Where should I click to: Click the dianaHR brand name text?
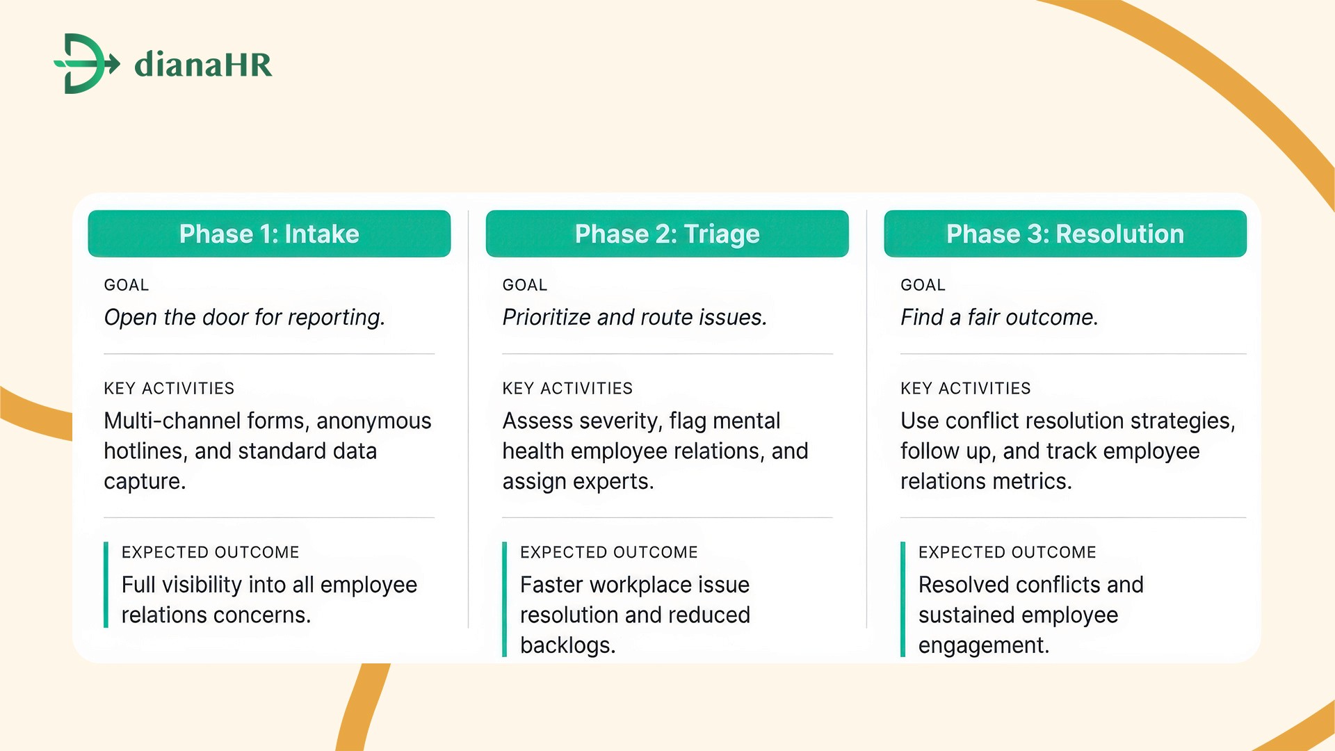pyautogui.click(x=203, y=65)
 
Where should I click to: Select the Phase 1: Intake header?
pyautogui.click(x=269, y=234)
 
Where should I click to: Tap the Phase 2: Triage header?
pyautogui.click(x=667, y=234)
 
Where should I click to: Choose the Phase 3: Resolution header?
pyautogui.click(x=1065, y=234)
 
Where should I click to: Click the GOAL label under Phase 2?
pyautogui.click(x=524, y=285)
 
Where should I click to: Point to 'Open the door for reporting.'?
pyautogui.click(x=244, y=317)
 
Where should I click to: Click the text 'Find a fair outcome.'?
pyautogui.click(x=998, y=317)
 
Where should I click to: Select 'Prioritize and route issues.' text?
pyautogui.click(x=634, y=317)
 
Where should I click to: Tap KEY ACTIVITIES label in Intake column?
pyautogui.click(x=169, y=388)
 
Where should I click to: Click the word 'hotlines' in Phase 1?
pyautogui.click(x=143, y=451)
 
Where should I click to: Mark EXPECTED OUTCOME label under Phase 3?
pyautogui.click(x=1007, y=552)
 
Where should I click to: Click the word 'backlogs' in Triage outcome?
pyautogui.click(x=566, y=645)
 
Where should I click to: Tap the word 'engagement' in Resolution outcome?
pyautogui.click(x=982, y=645)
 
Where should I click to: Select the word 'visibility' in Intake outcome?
pyautogui.click(x=201, y=585)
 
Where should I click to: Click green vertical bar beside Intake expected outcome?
pyautogui.click(x=106, y=585)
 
